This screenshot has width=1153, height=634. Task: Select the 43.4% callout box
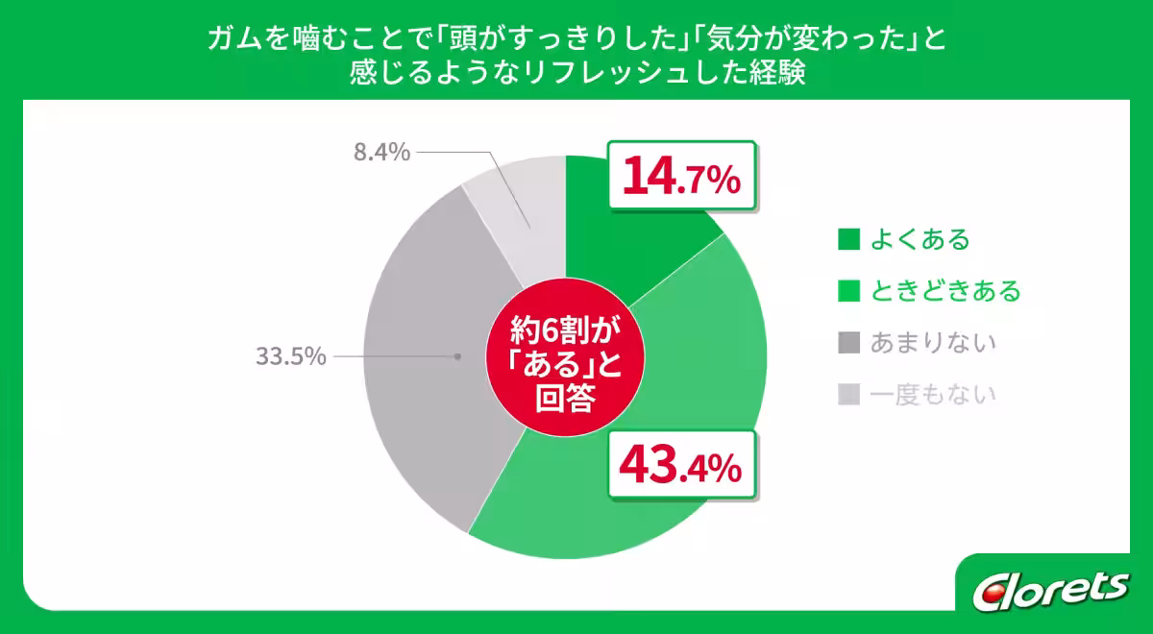(x=681, y=465)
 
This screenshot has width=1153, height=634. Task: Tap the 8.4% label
(x=381, y=152)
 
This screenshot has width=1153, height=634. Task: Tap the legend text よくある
(x=920, y=238)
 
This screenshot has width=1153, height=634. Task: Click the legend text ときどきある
(x=945, y=290)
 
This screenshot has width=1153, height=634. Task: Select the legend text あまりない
(x=932, y=342)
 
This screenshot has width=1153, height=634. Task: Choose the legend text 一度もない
(x=932, y=394)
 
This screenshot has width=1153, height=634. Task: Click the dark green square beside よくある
(x=848, y=239)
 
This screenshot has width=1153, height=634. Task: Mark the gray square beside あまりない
(x=848, y=343)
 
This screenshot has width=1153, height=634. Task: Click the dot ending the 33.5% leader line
(x=456, y=356)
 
